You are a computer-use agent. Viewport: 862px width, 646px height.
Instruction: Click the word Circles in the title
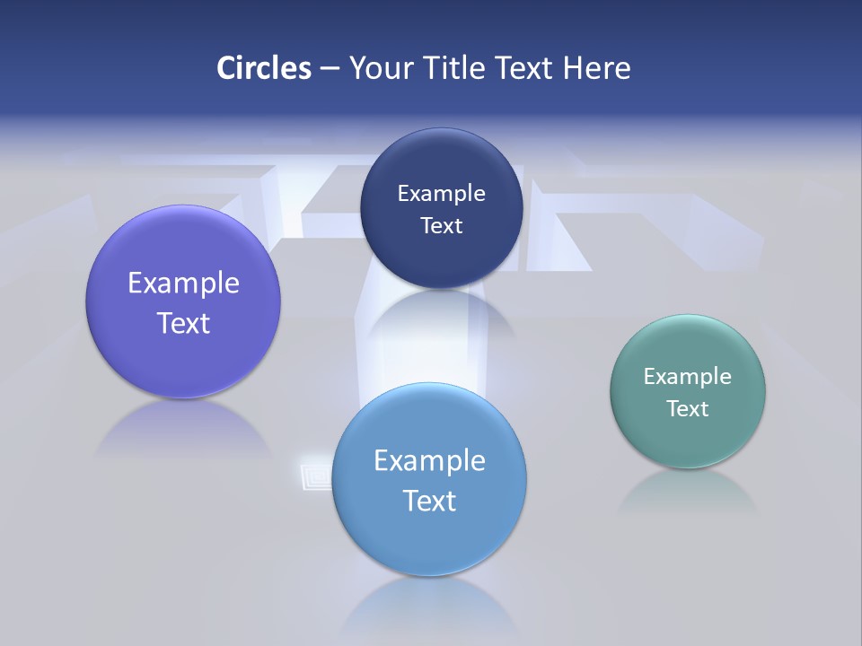click(x=263, y=68)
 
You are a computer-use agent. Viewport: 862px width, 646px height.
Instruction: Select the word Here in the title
click(x=596, y=68)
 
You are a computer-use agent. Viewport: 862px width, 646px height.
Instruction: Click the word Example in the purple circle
click(x=183, y=283)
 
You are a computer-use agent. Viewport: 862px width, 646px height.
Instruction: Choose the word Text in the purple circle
click(x=183, y=323)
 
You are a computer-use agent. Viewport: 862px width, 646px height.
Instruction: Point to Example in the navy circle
click(x=441, y=193)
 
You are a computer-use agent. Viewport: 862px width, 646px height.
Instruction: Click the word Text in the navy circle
click(x=441, y=225)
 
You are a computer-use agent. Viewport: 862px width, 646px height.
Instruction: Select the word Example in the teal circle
click(x=688, y=376)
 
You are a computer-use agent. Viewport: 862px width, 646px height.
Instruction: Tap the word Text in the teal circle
click(x=688, y=408)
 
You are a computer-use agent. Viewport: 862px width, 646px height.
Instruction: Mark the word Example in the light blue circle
click(x=429, y=460)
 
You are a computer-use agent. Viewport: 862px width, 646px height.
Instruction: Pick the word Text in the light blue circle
click(x=429, y=501)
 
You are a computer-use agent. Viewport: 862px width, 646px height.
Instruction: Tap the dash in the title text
click(x=330, y=68)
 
